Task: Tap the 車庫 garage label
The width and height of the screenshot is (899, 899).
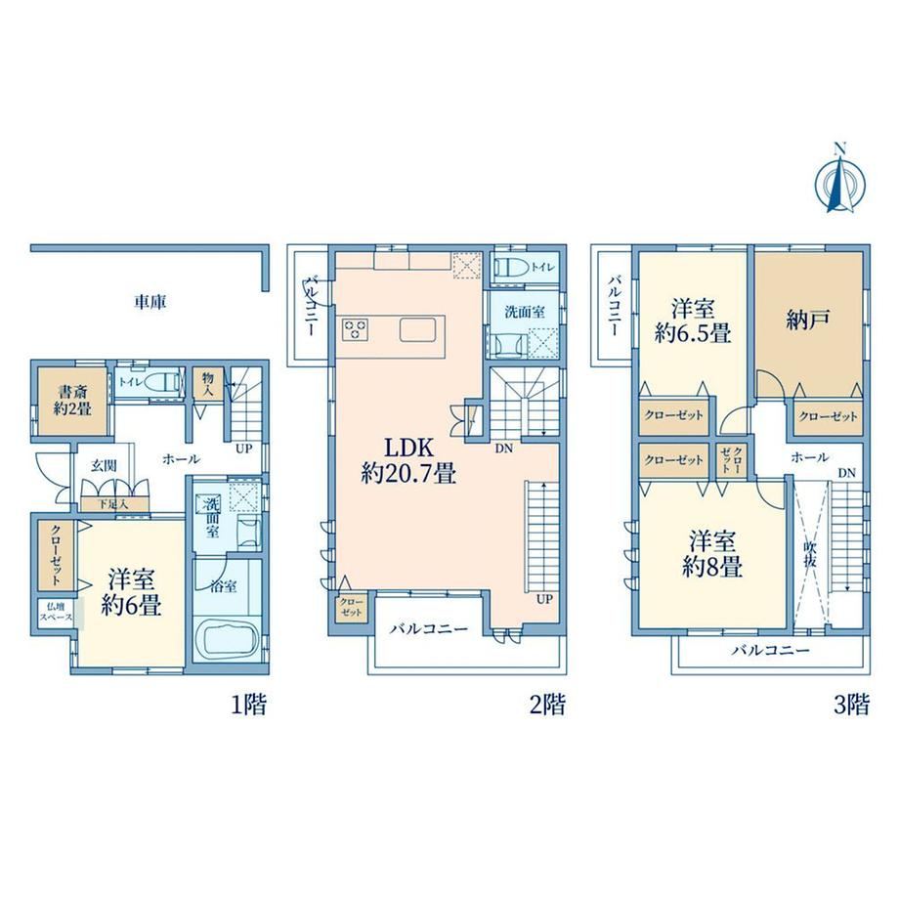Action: pos(150,302)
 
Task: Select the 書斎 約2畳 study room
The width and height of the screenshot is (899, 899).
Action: pos(73,401)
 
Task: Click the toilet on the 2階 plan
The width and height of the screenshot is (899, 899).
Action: pos(511,267)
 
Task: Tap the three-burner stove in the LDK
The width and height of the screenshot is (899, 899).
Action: pos(356,330)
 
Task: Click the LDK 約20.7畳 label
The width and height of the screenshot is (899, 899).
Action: pos(408,460)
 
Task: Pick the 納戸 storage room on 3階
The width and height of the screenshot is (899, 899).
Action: pos(808,324)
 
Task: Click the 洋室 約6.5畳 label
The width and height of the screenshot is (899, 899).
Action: pos(693,321)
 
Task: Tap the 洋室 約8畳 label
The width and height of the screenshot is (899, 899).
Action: pos(712,554)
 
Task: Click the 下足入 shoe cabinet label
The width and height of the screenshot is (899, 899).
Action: pos(113,504)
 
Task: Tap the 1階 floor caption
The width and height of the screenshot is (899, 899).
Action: pos(249,705)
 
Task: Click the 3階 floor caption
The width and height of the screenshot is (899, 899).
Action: pos(851,705)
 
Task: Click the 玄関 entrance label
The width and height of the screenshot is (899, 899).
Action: pos(104,465)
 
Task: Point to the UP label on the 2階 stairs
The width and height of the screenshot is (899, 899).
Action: pos(544,599)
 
